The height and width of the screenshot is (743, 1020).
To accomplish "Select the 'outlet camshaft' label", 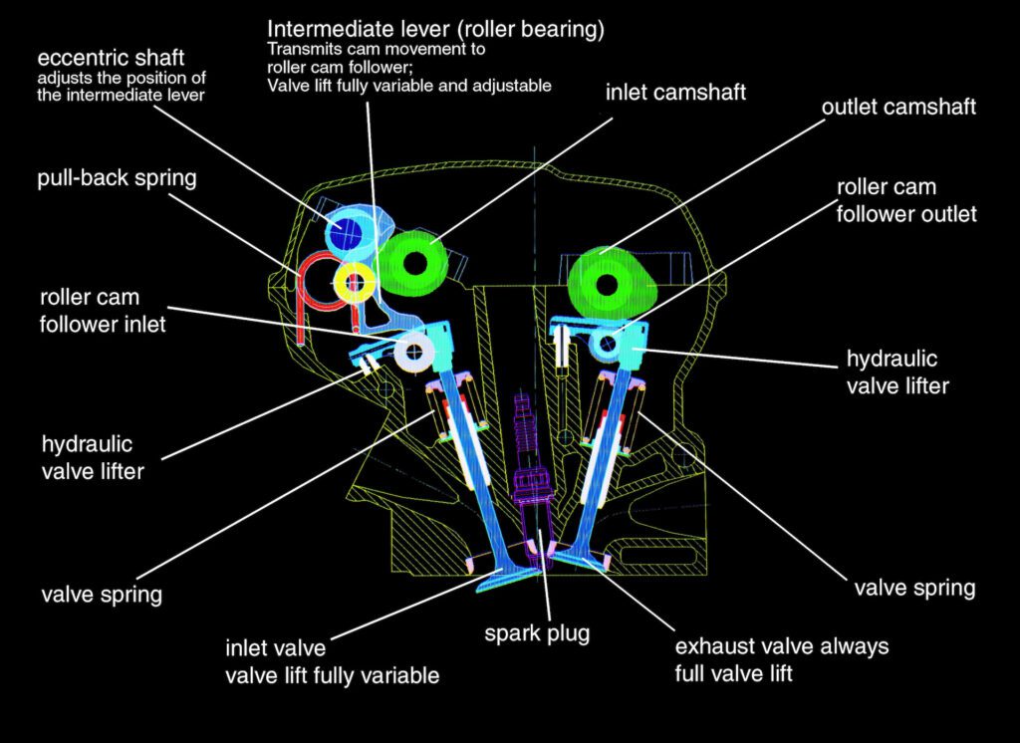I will pyautogui.click(x=898, y=107).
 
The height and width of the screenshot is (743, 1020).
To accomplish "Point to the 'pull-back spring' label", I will pyautogui.click(x=117, y=179).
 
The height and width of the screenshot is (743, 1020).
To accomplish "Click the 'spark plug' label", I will pyautogui.click(x=537, y=632).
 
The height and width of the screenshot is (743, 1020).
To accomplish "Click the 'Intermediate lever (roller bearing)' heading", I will pyautogui.click(x=435, y=28).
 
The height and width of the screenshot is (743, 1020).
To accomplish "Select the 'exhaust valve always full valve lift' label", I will pyautogui.click(x=781, y=659).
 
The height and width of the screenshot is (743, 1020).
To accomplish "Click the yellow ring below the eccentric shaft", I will pyautogui.click(x=354, y=282).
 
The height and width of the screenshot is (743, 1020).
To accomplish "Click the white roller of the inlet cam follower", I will pyautogui.click(x=412, y=350).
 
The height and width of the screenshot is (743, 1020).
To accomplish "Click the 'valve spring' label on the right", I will pyautogui.click(x=914, y=588).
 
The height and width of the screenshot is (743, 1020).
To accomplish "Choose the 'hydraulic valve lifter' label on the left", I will pyautogui.click(x=93, y=456).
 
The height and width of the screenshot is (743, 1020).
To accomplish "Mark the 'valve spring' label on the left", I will pyautogui.click(x=103, y=596).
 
